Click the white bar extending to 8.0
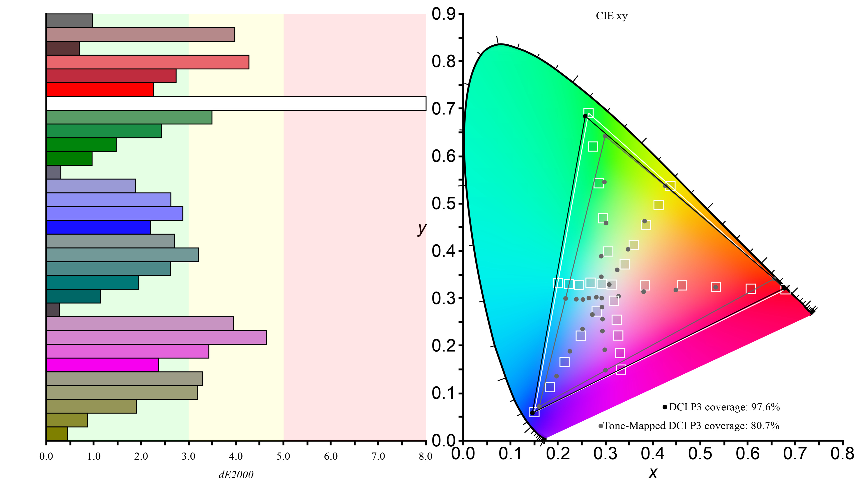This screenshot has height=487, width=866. pos(235,103)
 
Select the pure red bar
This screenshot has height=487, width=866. pos(100,90)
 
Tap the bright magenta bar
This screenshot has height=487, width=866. pos(102,365)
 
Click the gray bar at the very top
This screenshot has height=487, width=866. pos(69,21)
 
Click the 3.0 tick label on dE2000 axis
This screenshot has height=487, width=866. pos(188,456)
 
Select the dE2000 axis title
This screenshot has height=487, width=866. pos(236,475)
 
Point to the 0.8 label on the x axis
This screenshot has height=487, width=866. pos(842,453)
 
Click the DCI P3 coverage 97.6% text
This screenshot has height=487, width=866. pos(724,407)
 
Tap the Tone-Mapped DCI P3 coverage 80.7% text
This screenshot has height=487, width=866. pos(691,426)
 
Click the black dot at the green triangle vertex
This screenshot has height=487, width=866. pos(585,116)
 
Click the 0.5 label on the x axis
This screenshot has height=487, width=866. pos(700,453)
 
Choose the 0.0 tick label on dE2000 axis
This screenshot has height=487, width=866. pos(46,456)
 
